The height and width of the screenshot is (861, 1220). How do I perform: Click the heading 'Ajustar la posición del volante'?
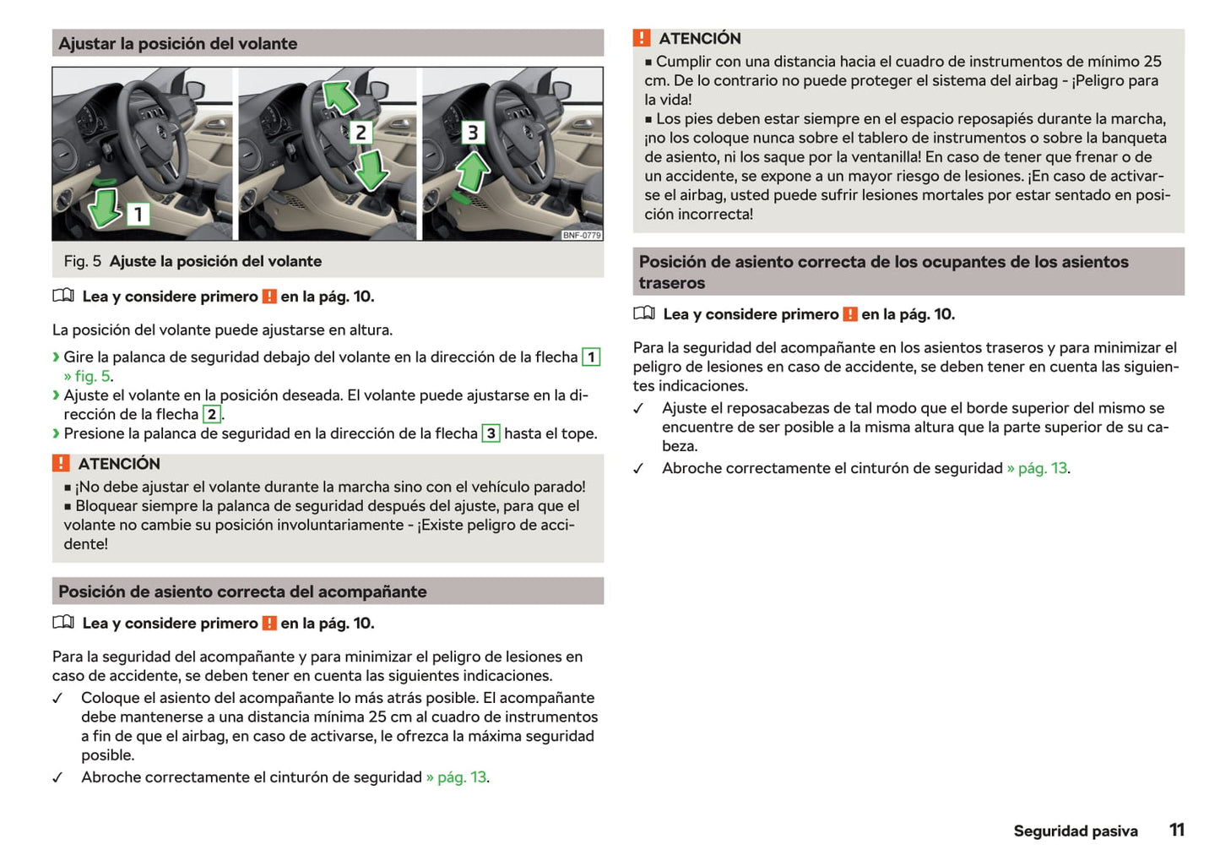178,44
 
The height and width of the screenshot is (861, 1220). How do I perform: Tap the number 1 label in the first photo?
138,214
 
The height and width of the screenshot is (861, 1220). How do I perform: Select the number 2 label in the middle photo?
361,133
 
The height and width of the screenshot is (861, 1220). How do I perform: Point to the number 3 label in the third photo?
472,133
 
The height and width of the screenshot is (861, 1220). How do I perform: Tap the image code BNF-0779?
582,235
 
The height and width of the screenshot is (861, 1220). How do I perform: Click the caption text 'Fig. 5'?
82,261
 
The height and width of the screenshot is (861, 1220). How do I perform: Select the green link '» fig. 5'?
88,376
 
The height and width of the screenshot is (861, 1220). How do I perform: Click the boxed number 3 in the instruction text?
491,433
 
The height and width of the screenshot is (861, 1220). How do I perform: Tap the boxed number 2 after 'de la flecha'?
212,414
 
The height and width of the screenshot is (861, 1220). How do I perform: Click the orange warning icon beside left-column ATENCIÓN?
61,463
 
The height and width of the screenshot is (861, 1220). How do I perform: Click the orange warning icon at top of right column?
642,38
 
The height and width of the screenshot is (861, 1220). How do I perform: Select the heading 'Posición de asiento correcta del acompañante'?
242,591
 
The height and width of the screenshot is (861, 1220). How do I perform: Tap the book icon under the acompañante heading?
63,623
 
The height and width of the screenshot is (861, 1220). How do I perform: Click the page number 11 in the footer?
1176,830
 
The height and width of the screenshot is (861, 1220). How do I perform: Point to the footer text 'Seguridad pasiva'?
1075,831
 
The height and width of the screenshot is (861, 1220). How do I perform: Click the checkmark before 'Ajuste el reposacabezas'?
639,409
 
